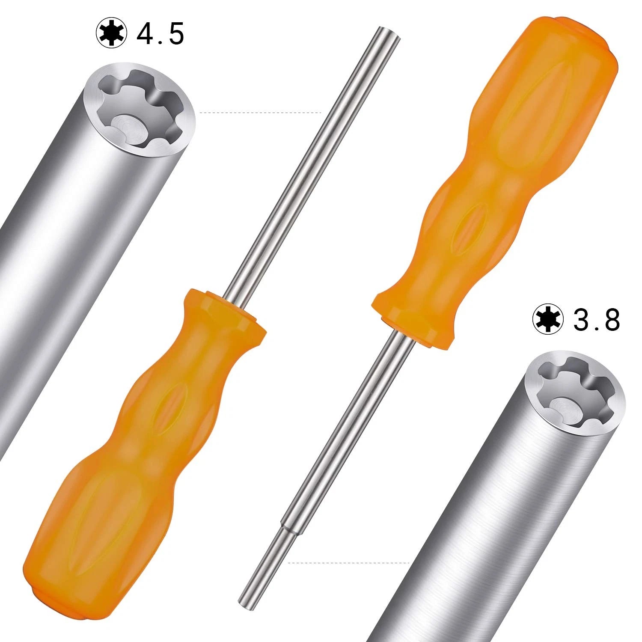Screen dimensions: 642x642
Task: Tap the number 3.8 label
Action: (596, 320)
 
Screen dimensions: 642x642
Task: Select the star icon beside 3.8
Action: (548, 319)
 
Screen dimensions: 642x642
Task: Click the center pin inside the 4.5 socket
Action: (127, 127)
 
